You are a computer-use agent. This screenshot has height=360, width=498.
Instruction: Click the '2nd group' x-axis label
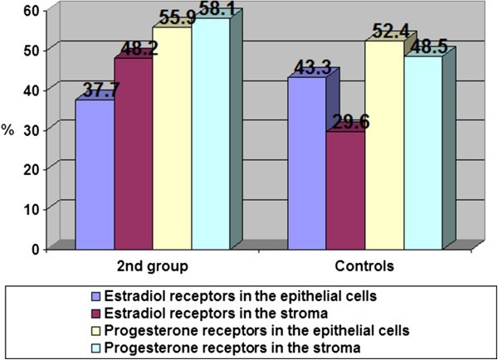tap(151, 268)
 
